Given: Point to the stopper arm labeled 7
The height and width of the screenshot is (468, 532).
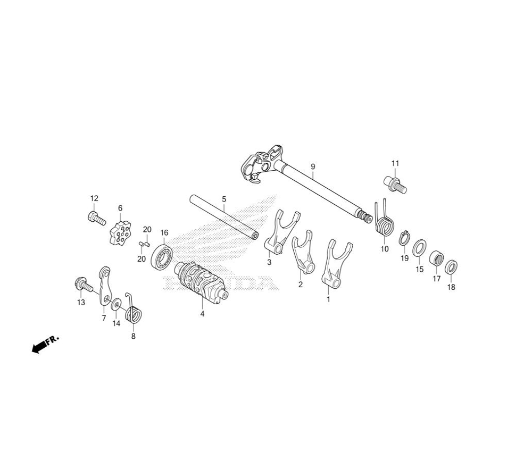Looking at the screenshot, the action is pyautogui.click(x=105, y=285).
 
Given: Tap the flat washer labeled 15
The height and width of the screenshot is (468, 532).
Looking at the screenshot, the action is pyautogui.click(x=420, y=248).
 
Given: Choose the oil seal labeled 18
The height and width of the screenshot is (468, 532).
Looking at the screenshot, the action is pyautogui.click(x=451, y=267).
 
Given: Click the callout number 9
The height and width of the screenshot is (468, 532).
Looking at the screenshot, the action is pyautogui.click(x=313, y=166).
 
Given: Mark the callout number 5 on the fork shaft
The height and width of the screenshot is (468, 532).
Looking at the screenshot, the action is pyautogui.click(x=224, y=199).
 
